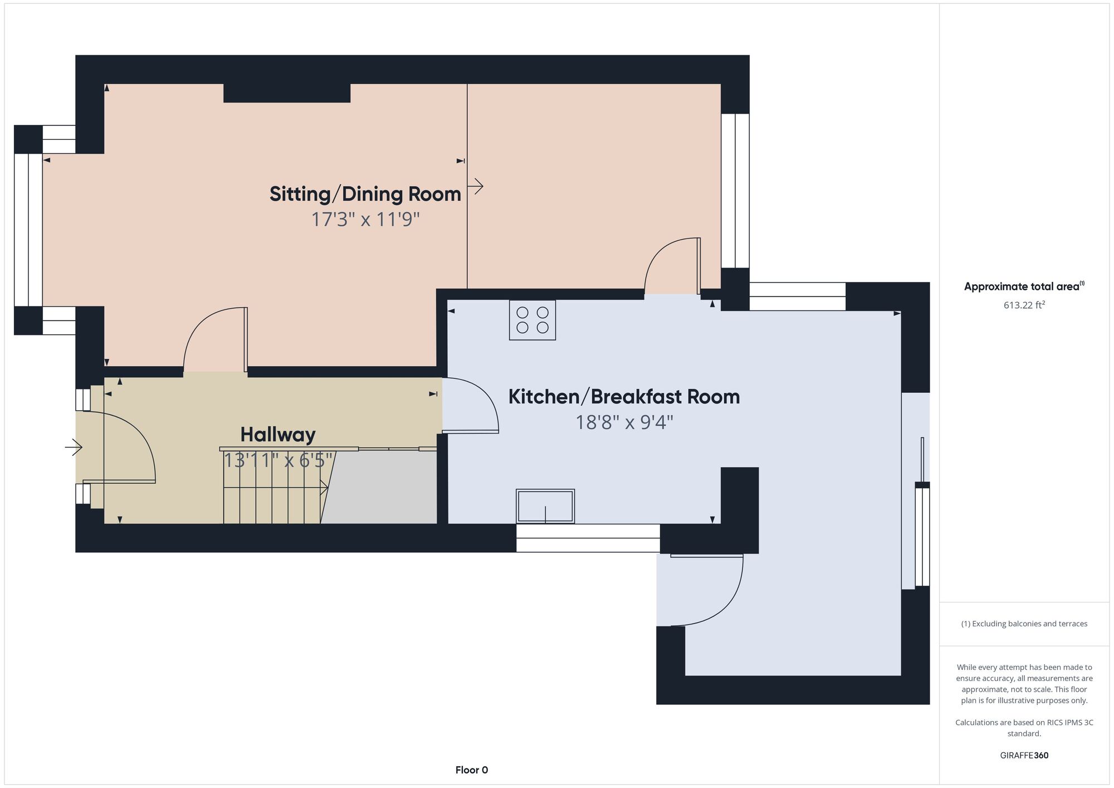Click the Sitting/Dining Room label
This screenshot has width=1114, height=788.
(365, 194)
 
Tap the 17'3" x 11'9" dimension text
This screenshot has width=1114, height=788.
(365, 220)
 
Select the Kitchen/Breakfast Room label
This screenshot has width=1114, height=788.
(624, 397)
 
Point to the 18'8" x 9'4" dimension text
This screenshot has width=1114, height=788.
(624, 422)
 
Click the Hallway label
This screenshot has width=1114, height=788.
(278, 435)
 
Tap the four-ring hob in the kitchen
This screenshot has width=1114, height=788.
(532, 320)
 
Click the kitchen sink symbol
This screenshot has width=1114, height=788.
(545, 506)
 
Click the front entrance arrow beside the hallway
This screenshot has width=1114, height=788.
(74, 447)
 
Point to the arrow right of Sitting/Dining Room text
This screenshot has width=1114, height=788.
(475, 186)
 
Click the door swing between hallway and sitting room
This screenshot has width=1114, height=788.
(215, 339)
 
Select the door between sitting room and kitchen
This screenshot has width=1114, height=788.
(672, 266)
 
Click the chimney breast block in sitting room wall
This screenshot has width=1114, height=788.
(287, 93)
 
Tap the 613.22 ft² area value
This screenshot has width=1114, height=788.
(1024, 305)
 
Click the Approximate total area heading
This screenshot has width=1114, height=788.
(1024, 286)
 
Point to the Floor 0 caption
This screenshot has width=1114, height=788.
(472, 770)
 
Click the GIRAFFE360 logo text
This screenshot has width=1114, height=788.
(1024, 756)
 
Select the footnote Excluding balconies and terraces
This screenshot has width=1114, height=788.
(1024, 624)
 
